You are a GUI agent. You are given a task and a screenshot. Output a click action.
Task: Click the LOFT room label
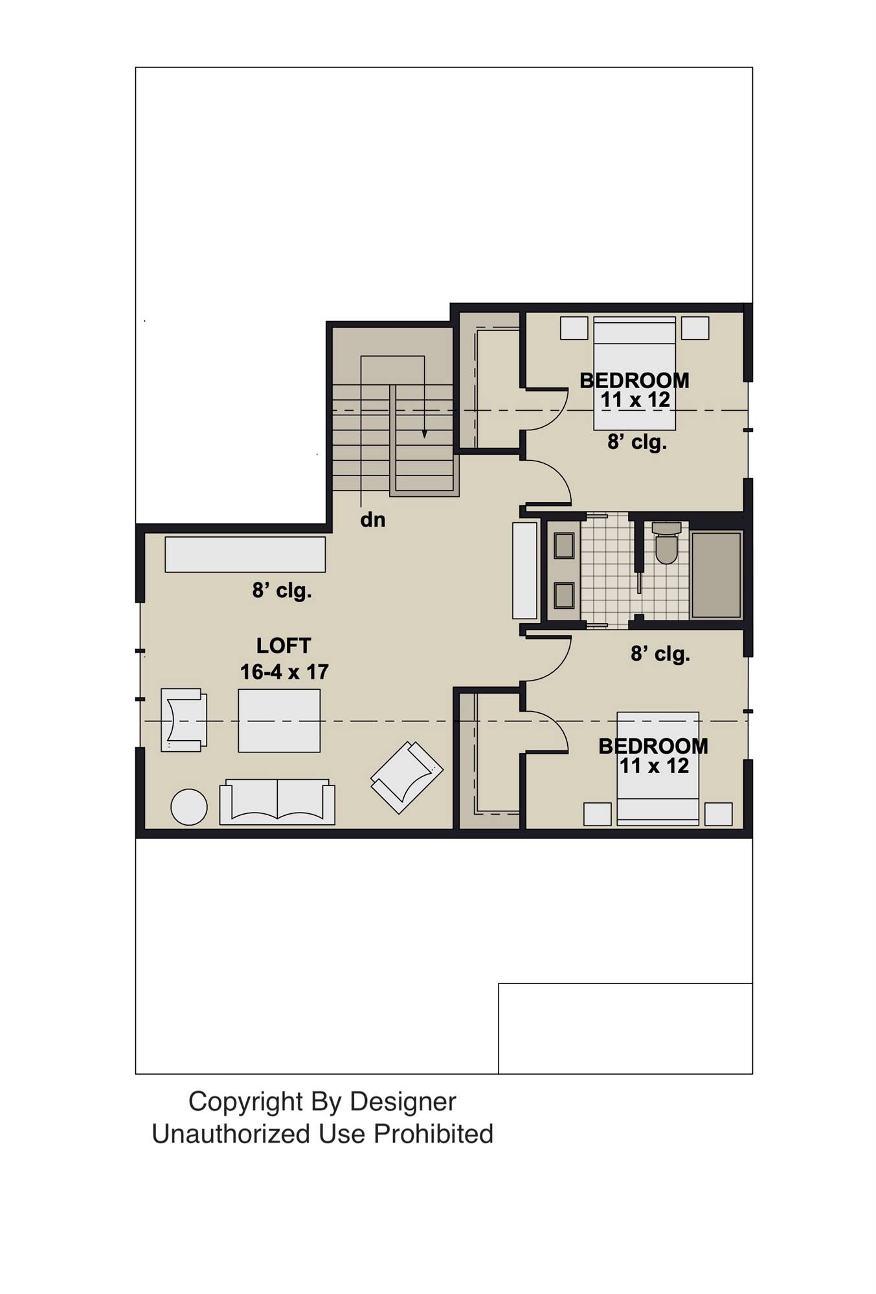[284, 646]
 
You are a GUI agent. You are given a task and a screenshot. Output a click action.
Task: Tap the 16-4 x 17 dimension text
[284, 672]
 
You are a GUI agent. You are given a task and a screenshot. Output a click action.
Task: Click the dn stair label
[373, 520]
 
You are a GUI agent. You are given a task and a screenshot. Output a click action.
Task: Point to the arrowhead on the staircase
[425, 434]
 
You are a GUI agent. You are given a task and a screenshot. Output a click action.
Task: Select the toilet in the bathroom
[667, 543]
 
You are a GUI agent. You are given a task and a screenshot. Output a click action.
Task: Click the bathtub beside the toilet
[716, 575]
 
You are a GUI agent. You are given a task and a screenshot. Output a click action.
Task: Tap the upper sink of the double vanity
[564, 546]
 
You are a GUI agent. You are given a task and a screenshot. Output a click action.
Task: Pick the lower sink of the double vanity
[564, 596]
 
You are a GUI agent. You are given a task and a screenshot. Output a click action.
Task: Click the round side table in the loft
[188, 807]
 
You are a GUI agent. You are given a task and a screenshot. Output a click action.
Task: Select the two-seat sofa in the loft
[277, 802]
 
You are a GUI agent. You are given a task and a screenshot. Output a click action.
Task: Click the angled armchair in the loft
[407, 776]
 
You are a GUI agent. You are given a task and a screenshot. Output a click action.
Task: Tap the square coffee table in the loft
[279, 721]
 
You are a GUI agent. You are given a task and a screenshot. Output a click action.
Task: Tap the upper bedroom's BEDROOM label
[634, 380]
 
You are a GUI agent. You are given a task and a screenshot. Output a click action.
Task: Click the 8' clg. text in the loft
[282, 591]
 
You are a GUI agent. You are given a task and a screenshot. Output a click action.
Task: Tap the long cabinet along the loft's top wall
[245, 554]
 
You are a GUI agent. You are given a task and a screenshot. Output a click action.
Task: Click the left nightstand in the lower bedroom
[597, 814]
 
